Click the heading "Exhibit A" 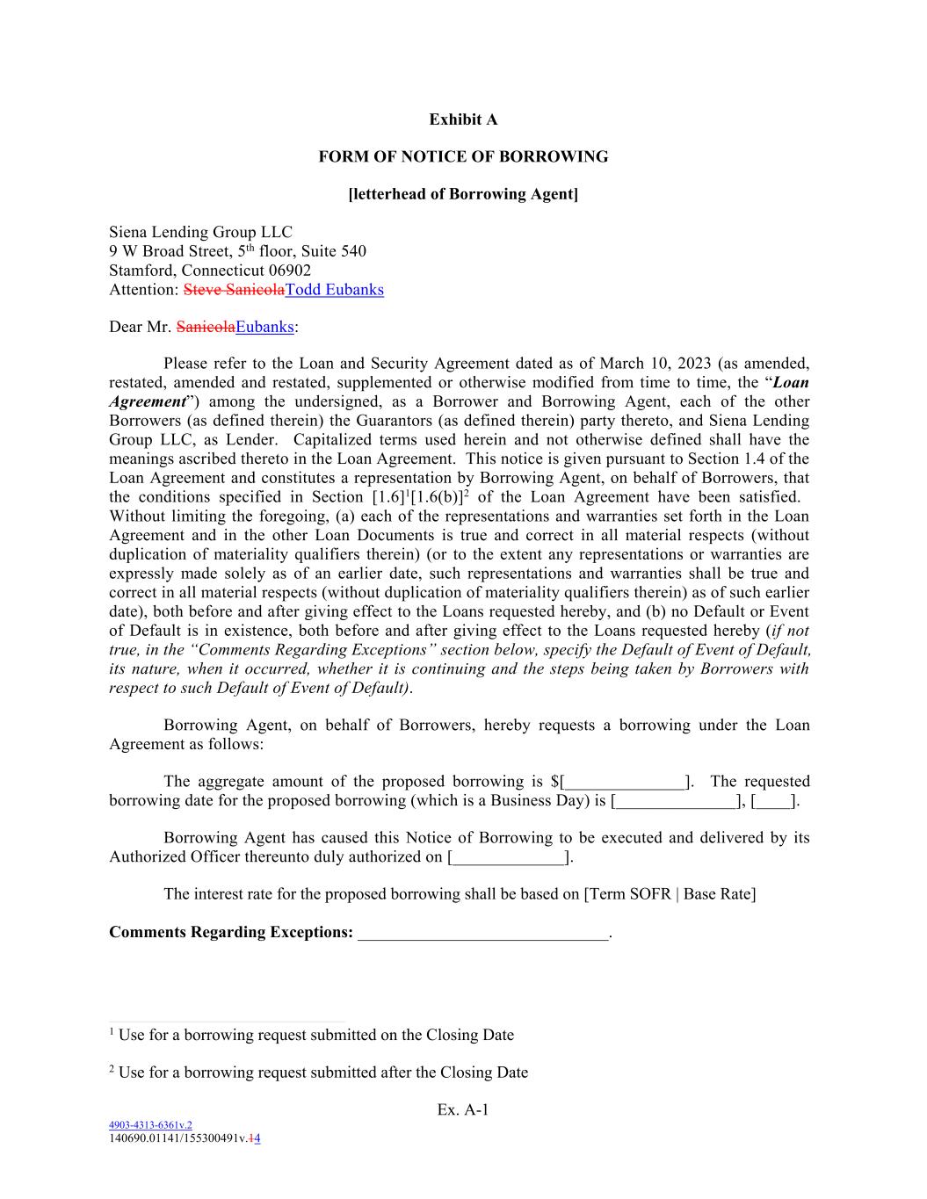point(463,119)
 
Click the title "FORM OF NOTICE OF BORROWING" point(463,157)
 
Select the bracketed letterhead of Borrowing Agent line point(463,194)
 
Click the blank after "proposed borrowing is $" point(626,782)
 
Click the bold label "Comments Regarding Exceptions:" point(231,932)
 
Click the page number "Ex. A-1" point(463,1110)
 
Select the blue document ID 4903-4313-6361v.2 point(150,1124)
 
